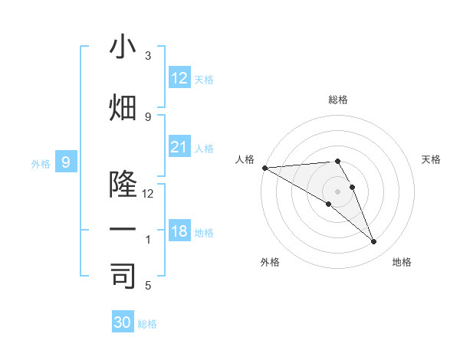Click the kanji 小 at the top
123,47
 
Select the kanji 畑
123,108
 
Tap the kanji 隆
123,185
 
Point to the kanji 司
123,277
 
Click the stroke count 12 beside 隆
148,194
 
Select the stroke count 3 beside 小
148,56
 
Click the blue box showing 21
179,147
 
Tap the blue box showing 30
123,322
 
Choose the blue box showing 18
179,231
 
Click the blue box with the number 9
66,162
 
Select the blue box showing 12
179,78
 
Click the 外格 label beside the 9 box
40,163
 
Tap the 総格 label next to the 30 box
147,324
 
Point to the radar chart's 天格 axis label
432,159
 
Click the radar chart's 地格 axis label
402,262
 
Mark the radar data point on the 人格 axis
264,168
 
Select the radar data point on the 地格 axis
373,241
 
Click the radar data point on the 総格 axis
337,161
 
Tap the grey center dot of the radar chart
337,190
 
